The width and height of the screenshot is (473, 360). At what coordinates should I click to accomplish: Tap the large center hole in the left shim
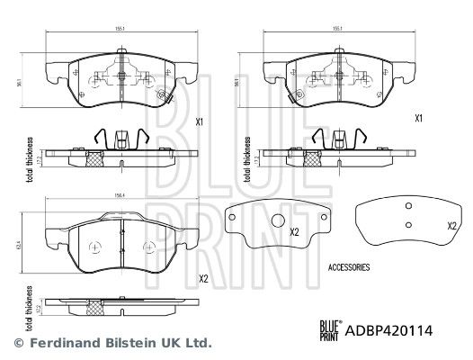click(277, 223)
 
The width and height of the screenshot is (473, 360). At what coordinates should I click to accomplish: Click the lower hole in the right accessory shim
click(407, 224)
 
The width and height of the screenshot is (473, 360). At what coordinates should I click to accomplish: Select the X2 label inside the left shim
click(293, 230)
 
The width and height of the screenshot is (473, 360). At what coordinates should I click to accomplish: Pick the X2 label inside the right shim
click(451, 225)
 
